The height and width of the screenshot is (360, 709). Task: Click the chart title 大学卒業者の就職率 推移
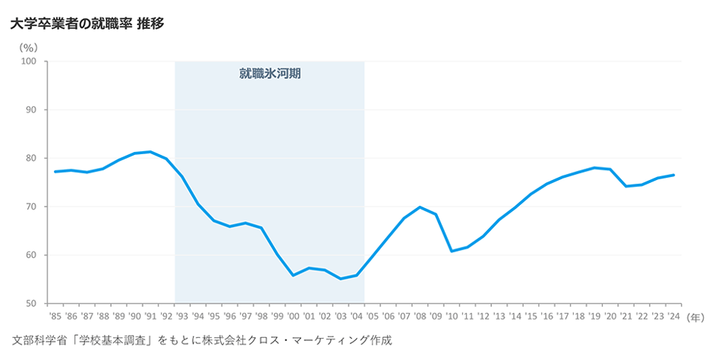coord(88,24)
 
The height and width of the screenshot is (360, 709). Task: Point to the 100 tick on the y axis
coord(30,62)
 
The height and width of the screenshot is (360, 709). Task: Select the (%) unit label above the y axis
coord(30,47)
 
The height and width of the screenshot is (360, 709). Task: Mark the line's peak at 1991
coord(150,152)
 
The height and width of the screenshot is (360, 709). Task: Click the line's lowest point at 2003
coord(341,279)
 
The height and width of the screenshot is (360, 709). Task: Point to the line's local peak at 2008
coord(420,207)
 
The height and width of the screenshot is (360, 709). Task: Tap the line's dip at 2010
coord(452,251)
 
